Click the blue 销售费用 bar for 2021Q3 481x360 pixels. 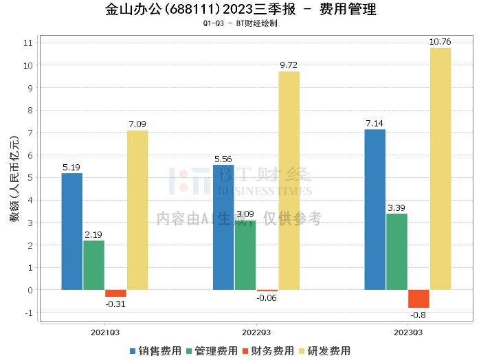pos(71,231)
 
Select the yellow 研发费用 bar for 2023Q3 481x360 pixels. pos(440,169)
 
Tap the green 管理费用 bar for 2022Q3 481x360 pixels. pos(245,255)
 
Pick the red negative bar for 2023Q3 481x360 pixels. pos(418,299)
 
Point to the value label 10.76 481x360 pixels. pos(440,42)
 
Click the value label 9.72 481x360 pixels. pos(289,65)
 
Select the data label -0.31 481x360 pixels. pos(115,304)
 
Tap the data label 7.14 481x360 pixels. pos(374,123)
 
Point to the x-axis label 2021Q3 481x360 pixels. pos(104,332)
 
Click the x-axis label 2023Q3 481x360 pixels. pos(408,332)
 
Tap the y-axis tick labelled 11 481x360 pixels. pos(28,43)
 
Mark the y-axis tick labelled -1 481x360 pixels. pos(28,313)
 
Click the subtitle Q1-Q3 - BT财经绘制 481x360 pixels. pos(240,23)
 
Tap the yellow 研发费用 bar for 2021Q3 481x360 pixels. pos(137,210)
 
